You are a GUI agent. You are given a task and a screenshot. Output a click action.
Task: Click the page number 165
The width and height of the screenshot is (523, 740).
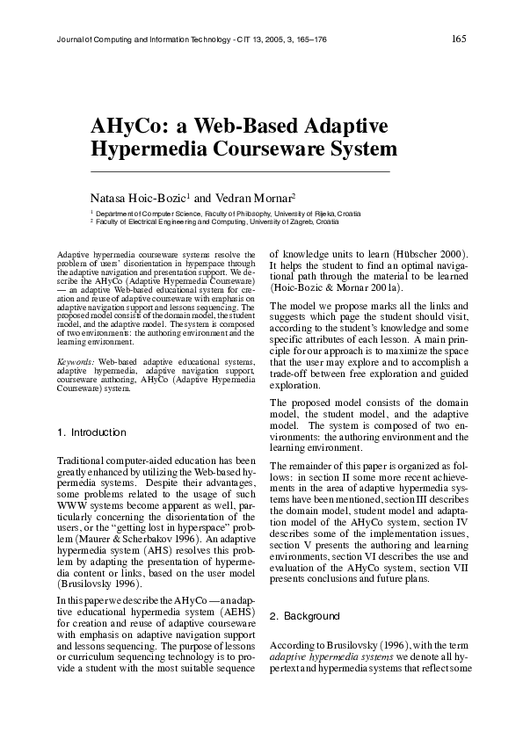(x=458, y=38)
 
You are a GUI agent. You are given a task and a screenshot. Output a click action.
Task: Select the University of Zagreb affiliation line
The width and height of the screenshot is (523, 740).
(x=228, y=222)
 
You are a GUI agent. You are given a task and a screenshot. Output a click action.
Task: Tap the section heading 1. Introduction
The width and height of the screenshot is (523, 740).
(x=91, y=432)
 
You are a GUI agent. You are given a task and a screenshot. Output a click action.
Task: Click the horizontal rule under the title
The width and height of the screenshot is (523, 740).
(x=240, y=169)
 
